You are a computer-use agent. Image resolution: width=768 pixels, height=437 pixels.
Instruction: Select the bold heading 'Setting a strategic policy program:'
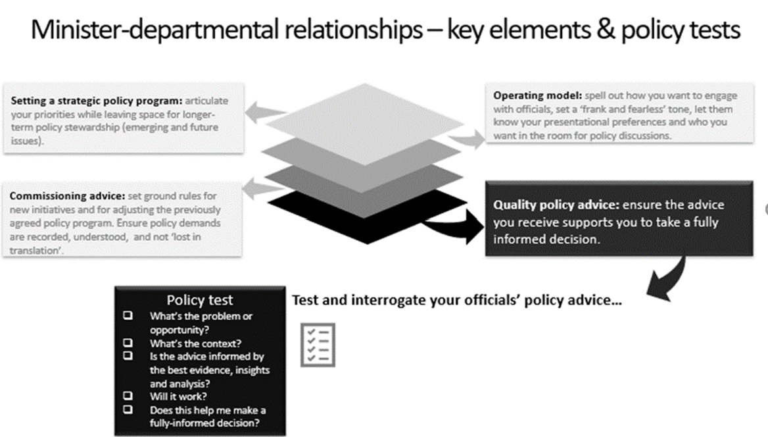(96, 101)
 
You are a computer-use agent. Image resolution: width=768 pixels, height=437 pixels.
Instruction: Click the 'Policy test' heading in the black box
(199, 300)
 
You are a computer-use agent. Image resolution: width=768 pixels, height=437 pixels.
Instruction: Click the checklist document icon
(318, 344)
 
